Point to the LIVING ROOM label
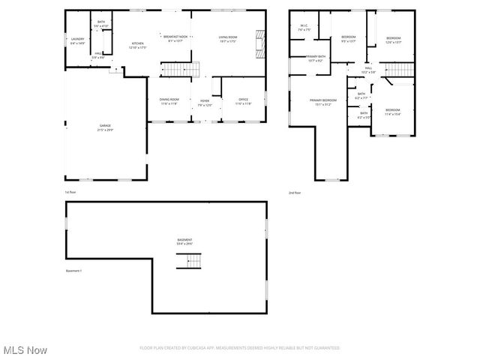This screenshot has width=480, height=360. coord(228,37)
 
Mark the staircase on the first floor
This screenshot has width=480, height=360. coord(175,70)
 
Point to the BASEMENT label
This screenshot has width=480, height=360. coord(184,240)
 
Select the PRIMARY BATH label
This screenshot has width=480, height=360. coord(316,57)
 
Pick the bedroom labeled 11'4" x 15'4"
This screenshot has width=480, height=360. coord(392,111)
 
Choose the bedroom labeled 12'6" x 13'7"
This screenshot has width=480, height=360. coord(393,39)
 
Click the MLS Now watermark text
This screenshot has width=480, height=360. coord(25,350)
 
